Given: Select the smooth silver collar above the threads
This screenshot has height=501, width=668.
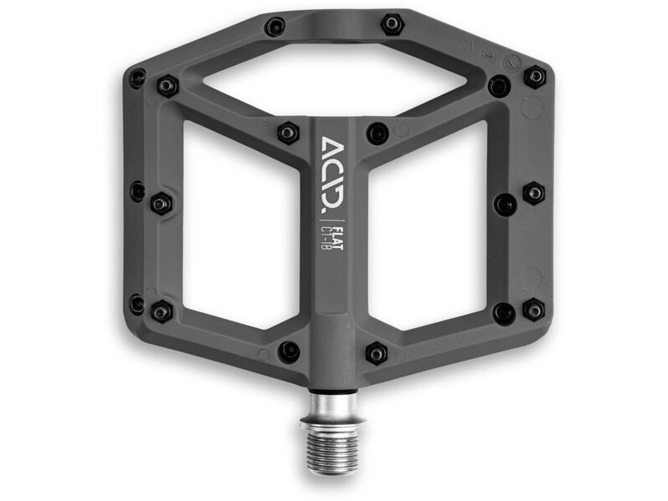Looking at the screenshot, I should coord(333,405).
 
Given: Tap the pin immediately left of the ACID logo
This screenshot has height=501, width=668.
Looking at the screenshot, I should coord(288,132).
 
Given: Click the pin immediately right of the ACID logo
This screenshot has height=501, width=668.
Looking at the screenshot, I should coord(377,132).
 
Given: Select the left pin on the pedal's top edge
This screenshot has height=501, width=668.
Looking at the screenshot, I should coord(275,27).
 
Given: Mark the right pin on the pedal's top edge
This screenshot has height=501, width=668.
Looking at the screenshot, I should coord(392,23).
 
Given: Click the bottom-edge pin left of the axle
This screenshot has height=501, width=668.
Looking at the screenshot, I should coord(289,352).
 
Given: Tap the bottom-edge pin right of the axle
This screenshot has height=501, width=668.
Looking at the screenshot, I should coord(377,353).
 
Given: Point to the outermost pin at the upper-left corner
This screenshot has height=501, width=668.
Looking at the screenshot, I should coord(137,78).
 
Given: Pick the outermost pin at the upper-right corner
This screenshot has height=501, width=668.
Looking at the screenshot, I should coord(534,77).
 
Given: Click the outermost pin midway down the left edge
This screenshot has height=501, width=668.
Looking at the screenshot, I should coord(137,191).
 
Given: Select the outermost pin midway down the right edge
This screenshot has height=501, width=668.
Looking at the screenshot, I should coord(534,193).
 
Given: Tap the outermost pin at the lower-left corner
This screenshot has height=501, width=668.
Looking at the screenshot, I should coord(137,304).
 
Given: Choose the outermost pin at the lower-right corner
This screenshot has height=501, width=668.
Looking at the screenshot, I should coord(534,310).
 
